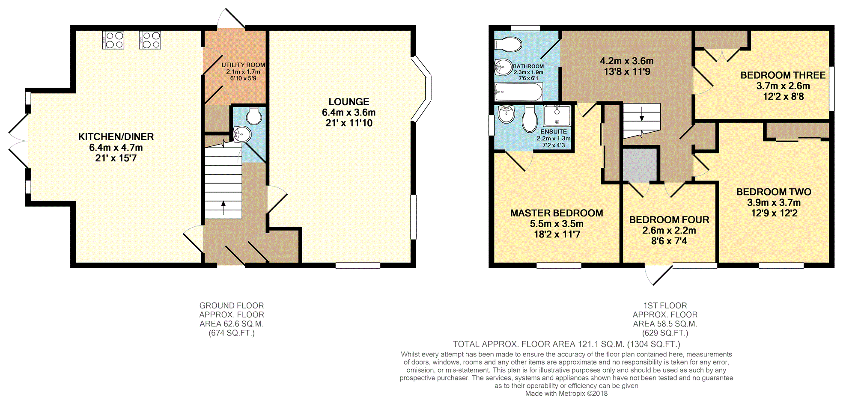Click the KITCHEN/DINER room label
coord(116,137)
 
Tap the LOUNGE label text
coord(349,102)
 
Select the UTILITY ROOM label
coord(243,65)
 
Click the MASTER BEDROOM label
coord(557,213)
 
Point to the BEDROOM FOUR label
coord(669,220)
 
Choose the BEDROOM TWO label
coord(774,192)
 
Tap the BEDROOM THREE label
coord(783,75)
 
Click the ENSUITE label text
coord(554,132)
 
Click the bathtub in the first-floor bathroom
coord(518,92)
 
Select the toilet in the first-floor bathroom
coord(509,44)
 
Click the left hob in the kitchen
coord(113,40)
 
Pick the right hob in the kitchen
coord(150,40)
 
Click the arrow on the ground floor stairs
coord(223,208)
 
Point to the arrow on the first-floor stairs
coord(641,114)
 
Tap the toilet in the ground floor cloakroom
coord(254,116)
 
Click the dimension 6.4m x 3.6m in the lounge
coord(349,113)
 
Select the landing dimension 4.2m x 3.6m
coord(627,61)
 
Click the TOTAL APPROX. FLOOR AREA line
coord(566,344)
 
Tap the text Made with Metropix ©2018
coord(566,394)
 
